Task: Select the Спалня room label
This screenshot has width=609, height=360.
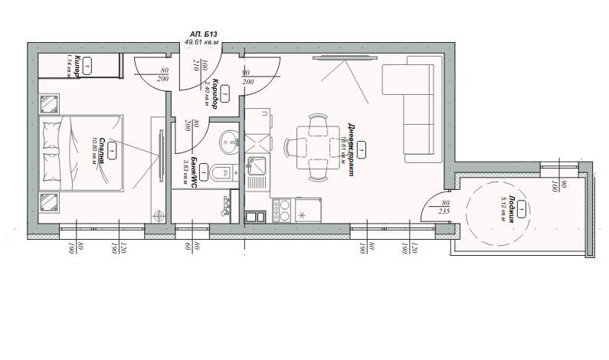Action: coord(103,153)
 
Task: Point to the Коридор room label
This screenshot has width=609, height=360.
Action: coord(217,93)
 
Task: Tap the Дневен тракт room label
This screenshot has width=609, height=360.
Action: coord(349,149)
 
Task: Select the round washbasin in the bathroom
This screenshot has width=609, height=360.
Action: coord(230,142)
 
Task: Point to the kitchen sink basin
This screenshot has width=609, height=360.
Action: coord(256,164)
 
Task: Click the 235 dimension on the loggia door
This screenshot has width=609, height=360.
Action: coord(444,211)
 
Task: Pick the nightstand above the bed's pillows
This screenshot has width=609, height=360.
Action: coord(51,103)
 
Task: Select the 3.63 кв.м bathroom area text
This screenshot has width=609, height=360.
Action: coord(186,170)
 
